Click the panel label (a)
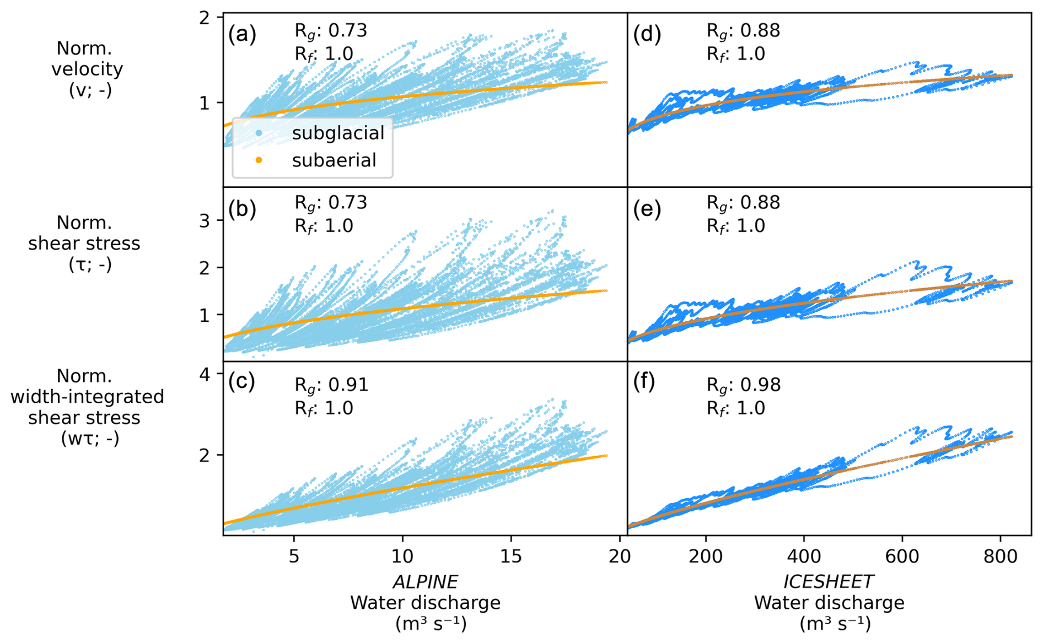(x=242, y=35)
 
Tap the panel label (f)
(x=644, y=382)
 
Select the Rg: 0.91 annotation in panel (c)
(x=331, y=385)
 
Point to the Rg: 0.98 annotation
(x=744, y=385)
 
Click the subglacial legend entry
(x=338, y=133)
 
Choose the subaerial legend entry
(x=334, y=160)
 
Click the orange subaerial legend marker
(x=259, y=160)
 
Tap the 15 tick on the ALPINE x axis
(x=511, y=556)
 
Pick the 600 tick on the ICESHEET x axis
(x=902, y=556)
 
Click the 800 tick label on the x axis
(x=1000, y=556)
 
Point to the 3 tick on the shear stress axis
(x=205, y=221)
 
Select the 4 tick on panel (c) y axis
(x=205, y=375)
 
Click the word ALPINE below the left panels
(x=425, y=582)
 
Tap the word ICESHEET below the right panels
(x=829, y=582)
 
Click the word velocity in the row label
(x=87, y=69)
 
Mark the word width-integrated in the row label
(x=87, y=397)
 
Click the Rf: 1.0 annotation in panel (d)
(x=736, y=54)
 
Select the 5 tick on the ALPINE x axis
(x=294, y=556)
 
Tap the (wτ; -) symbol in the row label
(x=90, y=439)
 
